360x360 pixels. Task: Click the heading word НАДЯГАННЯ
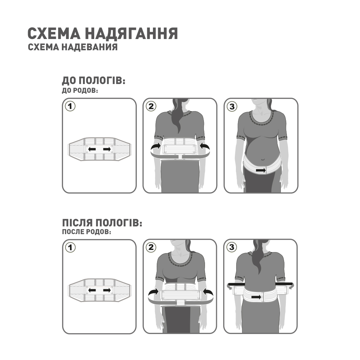click(131, 34)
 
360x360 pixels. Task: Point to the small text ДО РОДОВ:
click(80, 90)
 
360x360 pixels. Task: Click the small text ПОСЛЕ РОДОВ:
click(86, 232)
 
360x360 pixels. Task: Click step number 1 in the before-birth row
click(71, 106)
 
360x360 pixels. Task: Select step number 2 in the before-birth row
click(151, 106)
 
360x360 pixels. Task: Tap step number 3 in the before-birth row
click(231, 106)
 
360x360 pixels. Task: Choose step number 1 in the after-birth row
click(71, 247)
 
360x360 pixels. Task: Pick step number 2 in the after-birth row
click(151, 247)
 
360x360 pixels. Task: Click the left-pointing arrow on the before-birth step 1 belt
click(92, 149)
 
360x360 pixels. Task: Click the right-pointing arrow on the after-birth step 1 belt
click(107, 290)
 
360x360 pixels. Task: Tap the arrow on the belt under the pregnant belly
click(261, 171)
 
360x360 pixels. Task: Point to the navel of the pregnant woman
click(262, 159)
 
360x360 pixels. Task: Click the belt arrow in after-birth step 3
click(257, 297)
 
